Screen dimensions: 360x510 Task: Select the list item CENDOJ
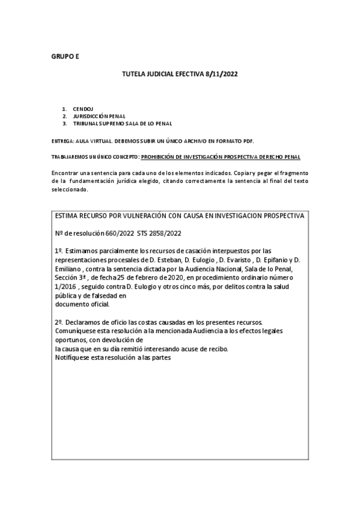click(81, 109)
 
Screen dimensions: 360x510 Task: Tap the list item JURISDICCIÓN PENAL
click(99, 116)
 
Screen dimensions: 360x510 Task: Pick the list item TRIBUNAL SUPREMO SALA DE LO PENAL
click(123, 123)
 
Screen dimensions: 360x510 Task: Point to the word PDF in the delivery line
click(248, 141)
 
